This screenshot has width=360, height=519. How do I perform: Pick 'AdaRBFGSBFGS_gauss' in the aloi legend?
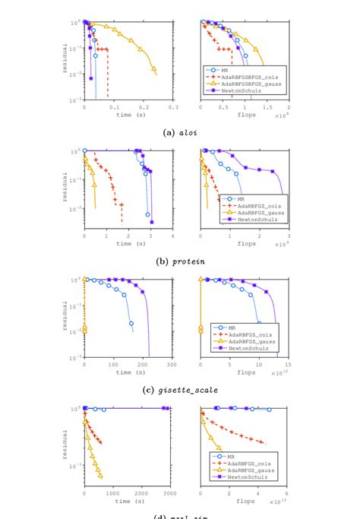(246, 84)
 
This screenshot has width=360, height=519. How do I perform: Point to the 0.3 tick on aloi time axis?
(173, 107)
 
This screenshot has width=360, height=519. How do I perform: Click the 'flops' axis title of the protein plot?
(245, 243)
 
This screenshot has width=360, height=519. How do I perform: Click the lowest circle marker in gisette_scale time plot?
(132, 324)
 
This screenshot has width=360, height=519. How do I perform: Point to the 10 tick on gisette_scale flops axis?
(258, 365)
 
